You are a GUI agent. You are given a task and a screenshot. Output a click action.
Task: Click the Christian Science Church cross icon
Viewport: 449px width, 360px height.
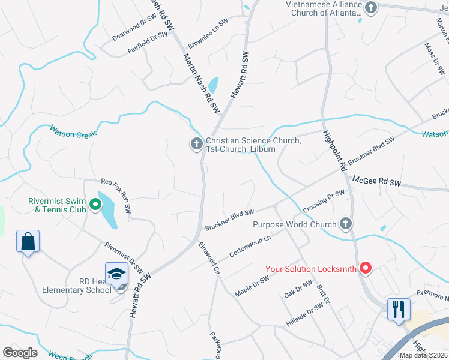coord(196,144)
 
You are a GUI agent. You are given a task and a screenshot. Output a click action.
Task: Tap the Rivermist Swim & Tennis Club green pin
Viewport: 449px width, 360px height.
coord(95,205)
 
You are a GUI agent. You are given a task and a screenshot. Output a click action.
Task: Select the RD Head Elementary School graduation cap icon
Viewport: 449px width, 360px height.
coord(117,274)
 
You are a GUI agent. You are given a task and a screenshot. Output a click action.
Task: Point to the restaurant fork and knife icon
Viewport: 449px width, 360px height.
coord(398,309)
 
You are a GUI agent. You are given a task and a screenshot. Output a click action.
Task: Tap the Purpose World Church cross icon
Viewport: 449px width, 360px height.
coord(345,224)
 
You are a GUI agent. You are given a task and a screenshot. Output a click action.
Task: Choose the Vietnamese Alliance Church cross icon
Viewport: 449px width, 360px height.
coord(371,8)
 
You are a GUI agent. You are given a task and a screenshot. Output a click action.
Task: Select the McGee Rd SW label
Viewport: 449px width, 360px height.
coord(376,179)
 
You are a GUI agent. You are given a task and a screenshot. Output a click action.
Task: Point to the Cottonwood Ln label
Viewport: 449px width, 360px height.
coord(250,245)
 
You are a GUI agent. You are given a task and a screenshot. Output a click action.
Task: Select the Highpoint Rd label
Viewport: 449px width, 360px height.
coord(334,152)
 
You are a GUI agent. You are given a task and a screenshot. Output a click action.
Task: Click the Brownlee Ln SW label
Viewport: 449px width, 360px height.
coord(208,31)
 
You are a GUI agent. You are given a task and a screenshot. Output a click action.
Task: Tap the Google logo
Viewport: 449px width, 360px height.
coord(20,352)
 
